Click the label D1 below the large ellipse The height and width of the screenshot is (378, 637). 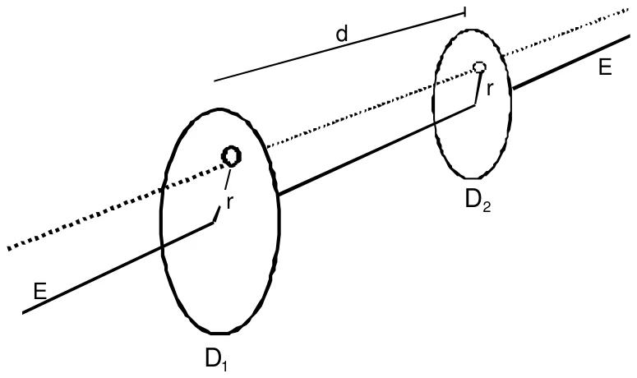(x=215, y=359)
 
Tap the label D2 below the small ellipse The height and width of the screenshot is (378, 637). (x=478, y=201)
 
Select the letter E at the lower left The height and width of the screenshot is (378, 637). (x=39, y=291)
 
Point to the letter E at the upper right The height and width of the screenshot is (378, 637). (x=605, y=67)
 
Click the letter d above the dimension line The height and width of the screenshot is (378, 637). (x=342, y=34)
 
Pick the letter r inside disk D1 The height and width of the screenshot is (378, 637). (x=229, y=202)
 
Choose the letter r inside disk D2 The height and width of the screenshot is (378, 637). (x=490, y=89)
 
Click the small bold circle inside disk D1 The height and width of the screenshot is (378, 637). (x=232, y=156)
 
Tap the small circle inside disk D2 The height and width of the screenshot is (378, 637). (x=480, y=67)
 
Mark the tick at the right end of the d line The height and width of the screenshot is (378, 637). (x=464, y=12)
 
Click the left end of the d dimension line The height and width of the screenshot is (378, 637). (x=215, y=81)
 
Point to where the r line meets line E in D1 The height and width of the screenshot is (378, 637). (x=213, y=223)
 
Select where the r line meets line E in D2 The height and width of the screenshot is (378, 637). (x=474, y=104)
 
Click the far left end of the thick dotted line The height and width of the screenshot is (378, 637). (x=7, y=248)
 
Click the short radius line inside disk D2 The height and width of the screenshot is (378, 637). (x=478, y=88)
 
